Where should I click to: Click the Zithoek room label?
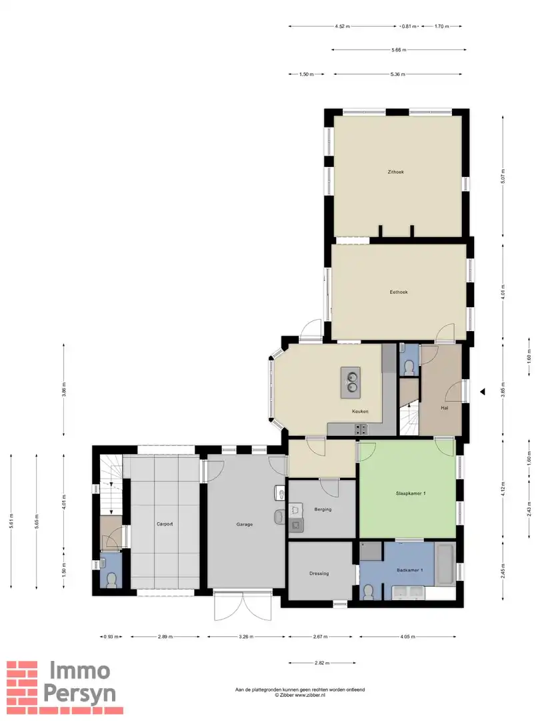396,172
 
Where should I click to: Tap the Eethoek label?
399,292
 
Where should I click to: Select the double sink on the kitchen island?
351,381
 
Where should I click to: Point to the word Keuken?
361,411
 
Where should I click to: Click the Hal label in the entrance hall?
444,407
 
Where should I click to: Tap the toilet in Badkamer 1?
368,591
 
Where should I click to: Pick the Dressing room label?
319,573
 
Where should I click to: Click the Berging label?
323,510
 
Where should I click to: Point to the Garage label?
244,524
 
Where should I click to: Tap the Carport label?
165,524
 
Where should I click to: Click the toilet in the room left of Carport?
111,578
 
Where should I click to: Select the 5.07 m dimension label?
505,176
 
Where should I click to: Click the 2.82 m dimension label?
322,663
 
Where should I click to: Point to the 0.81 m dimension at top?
409,27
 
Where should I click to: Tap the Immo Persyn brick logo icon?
22,682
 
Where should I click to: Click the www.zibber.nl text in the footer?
311,695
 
